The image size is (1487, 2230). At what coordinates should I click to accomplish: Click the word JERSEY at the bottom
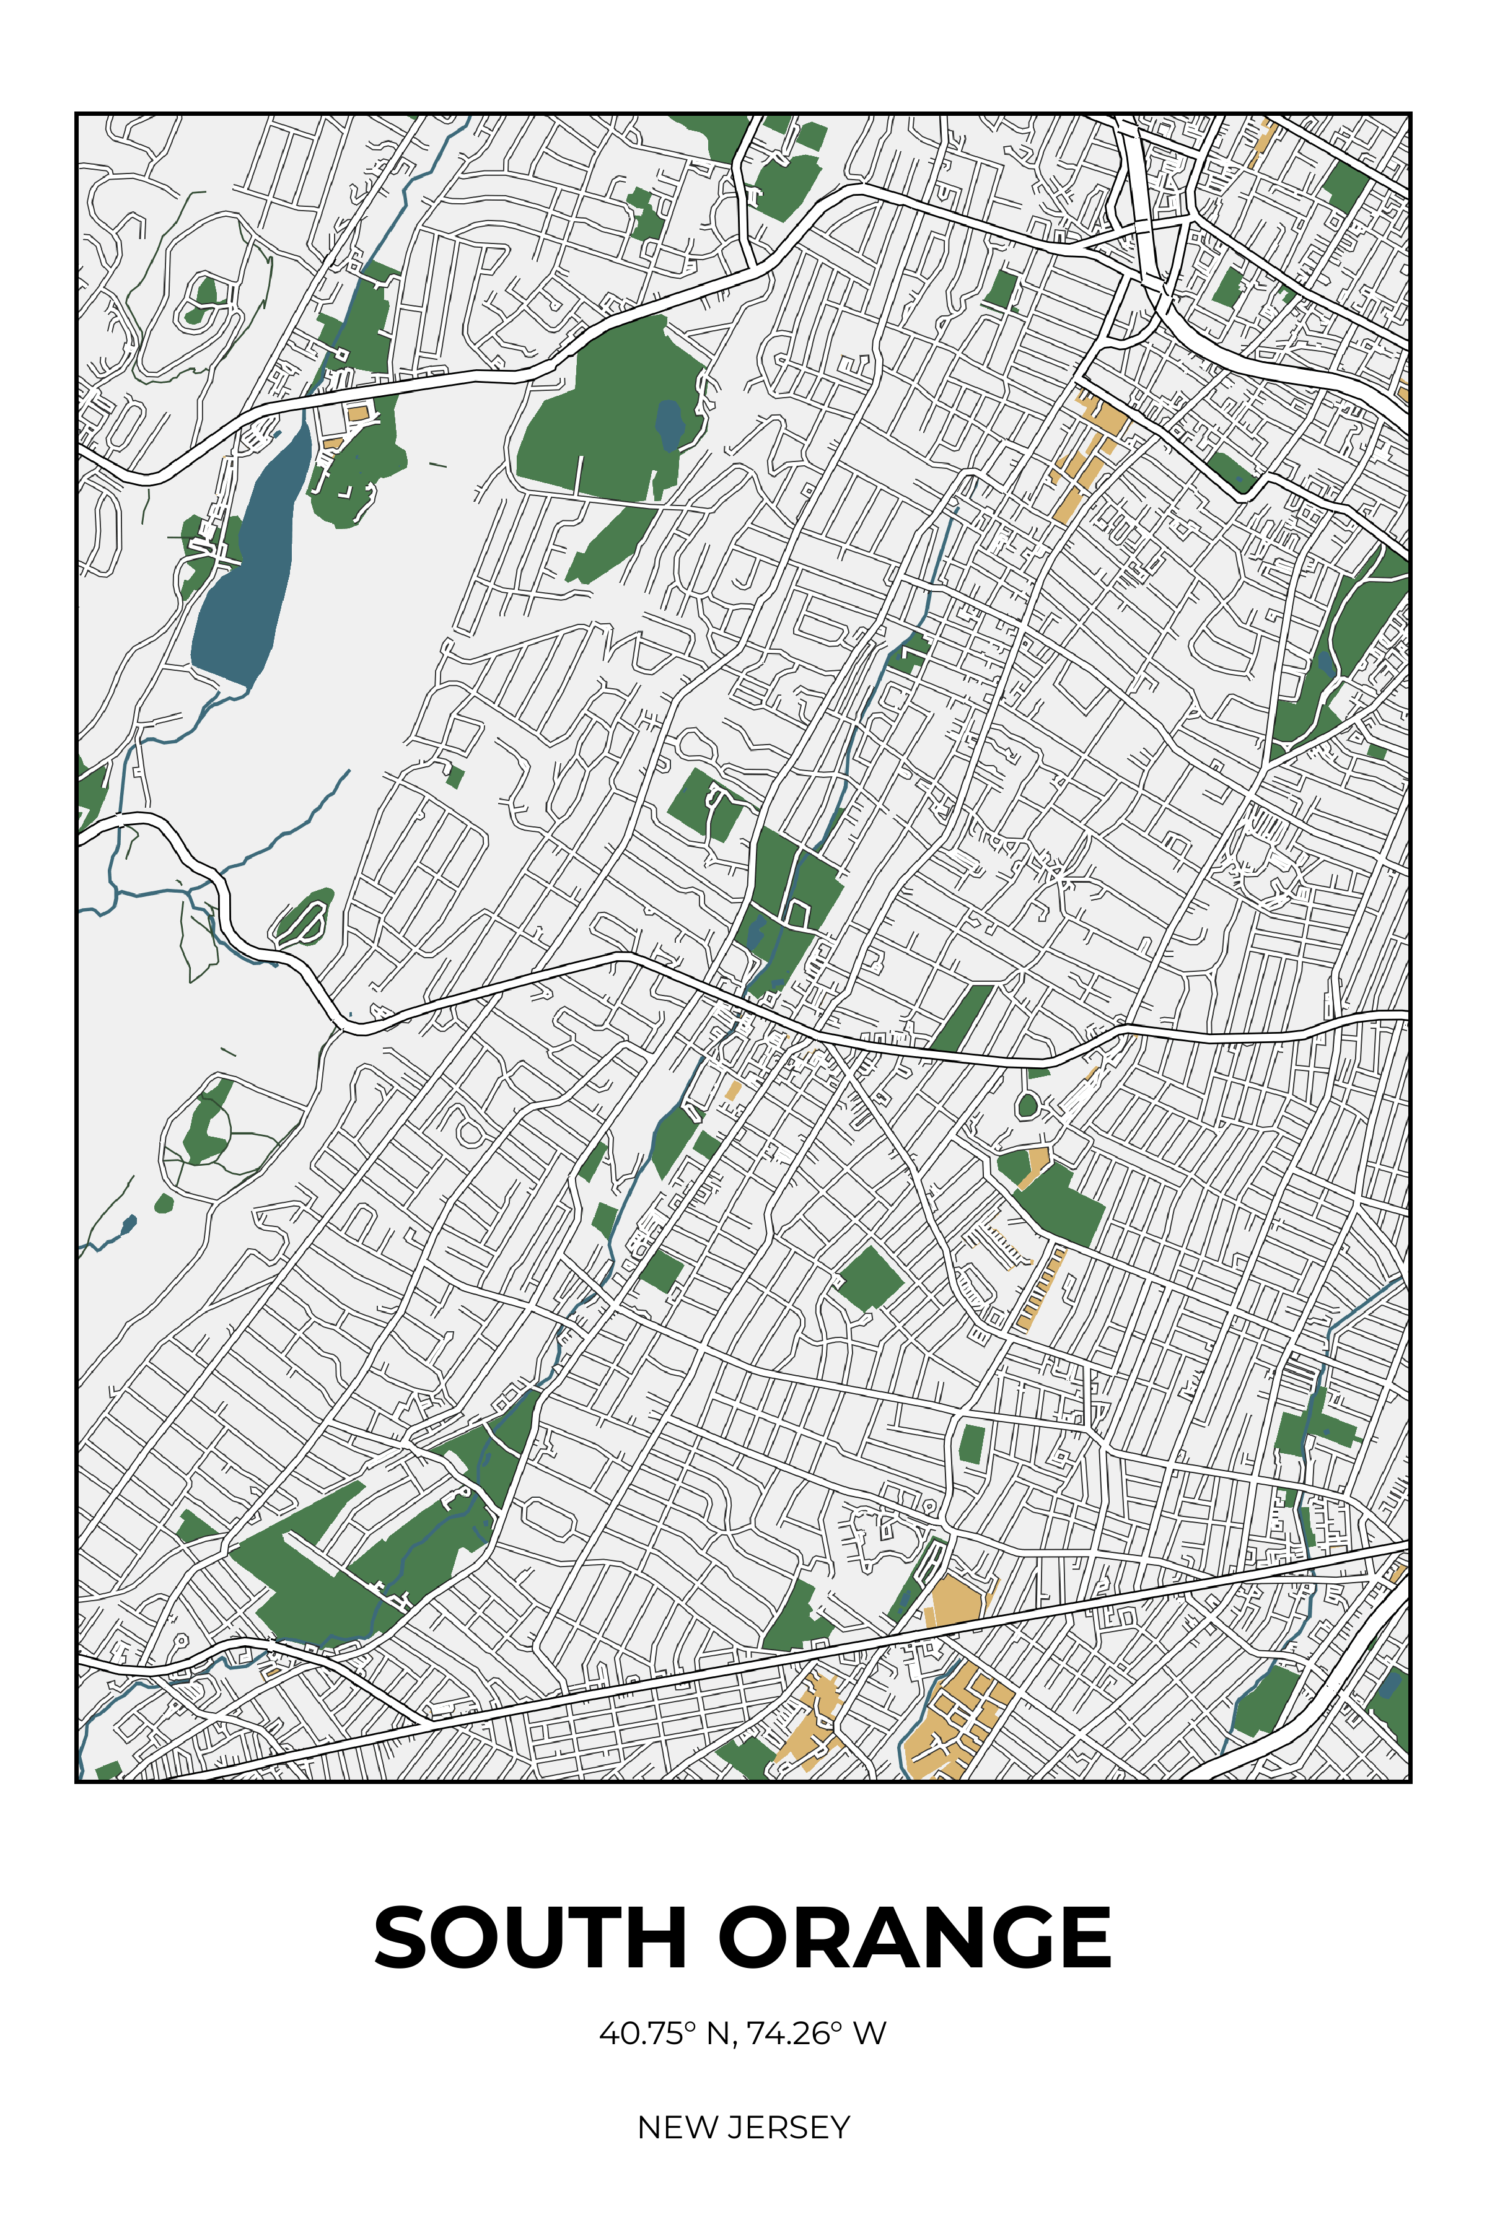(789, 2128)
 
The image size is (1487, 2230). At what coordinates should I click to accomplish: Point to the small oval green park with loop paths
(304, 916)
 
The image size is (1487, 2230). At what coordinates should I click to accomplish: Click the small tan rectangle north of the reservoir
(357, 413)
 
